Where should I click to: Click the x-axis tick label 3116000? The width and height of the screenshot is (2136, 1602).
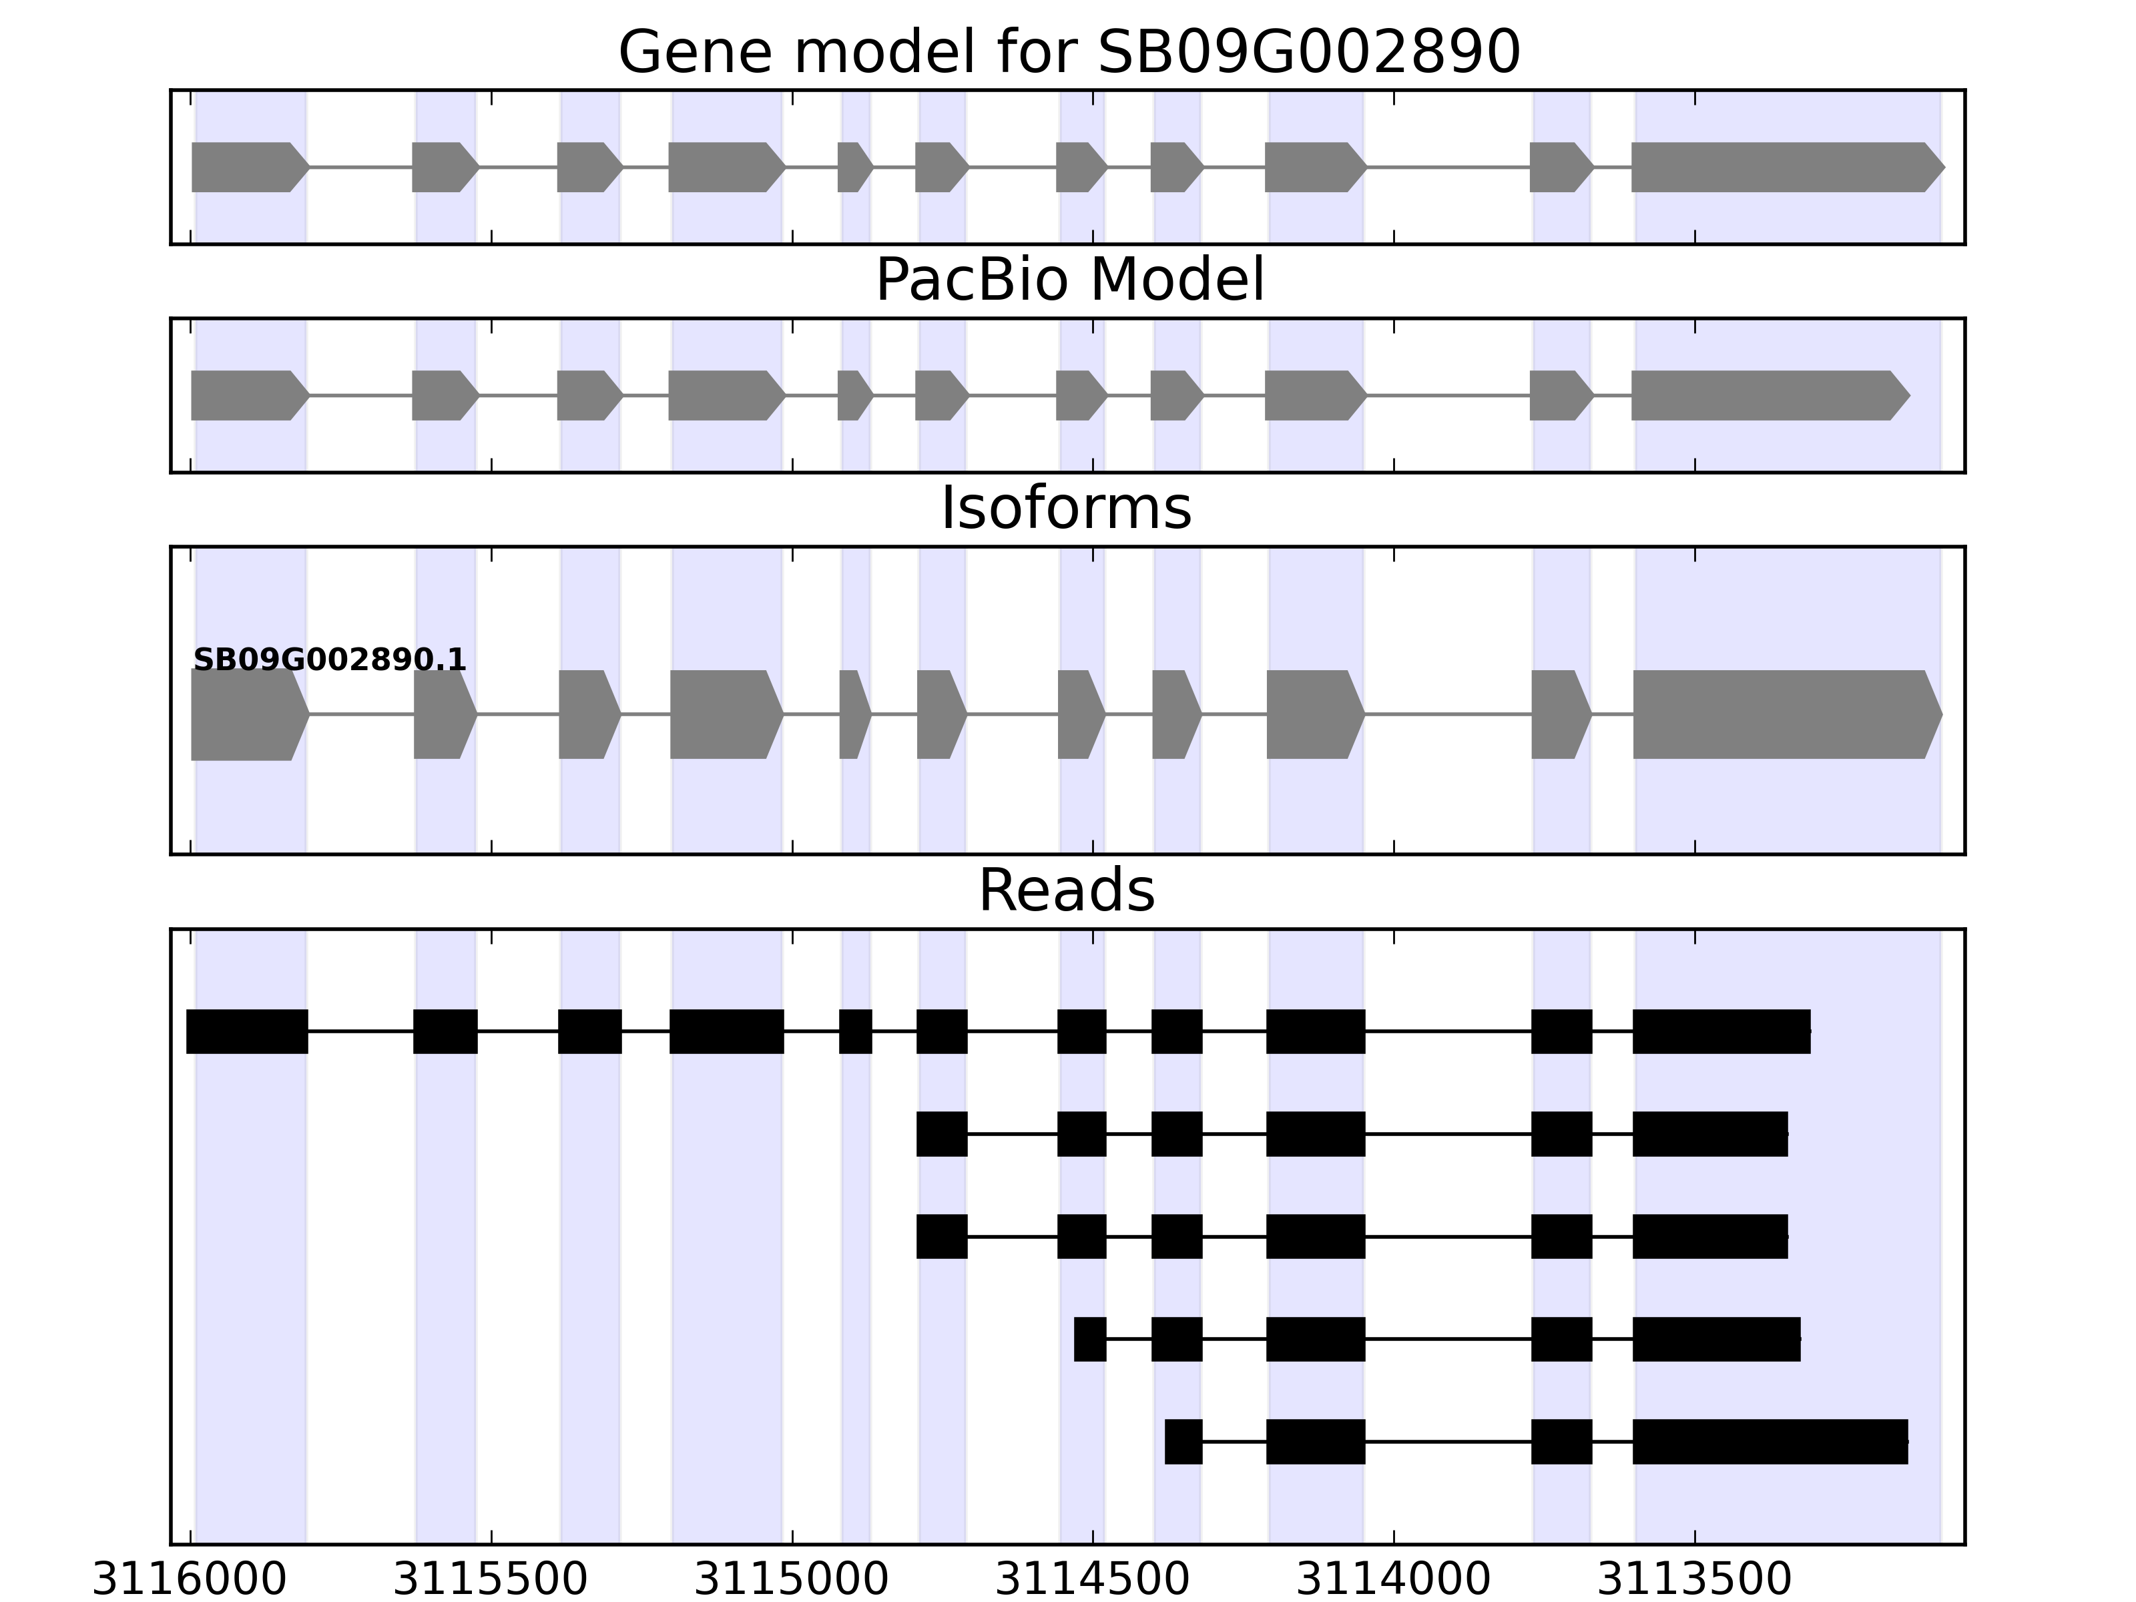[190, 1580]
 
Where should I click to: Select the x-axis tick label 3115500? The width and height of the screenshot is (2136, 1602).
[491, 1580]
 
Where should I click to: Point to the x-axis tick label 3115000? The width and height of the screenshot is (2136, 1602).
[792, 1580]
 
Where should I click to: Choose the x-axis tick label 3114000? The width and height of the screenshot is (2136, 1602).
[1394, 1580]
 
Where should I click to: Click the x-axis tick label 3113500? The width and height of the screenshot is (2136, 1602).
[1695, 1580]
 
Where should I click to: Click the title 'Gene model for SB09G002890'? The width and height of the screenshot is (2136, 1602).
[1069, 52]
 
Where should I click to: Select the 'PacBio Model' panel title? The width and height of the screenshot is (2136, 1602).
[1069, 280]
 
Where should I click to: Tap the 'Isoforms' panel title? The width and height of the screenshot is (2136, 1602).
[1066, 508]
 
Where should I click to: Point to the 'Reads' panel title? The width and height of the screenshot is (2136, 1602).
[1066, 890]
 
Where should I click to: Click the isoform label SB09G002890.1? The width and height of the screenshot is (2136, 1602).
[330, 661]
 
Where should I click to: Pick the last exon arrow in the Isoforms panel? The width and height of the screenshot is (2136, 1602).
[1786, 715]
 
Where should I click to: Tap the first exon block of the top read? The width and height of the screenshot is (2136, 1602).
[247, 1031]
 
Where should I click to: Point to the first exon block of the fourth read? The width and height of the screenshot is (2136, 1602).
[1090, 1340]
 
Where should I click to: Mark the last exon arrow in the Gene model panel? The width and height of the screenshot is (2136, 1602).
[1786, 167]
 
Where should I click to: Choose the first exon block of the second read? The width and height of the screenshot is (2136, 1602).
[941, 1133]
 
